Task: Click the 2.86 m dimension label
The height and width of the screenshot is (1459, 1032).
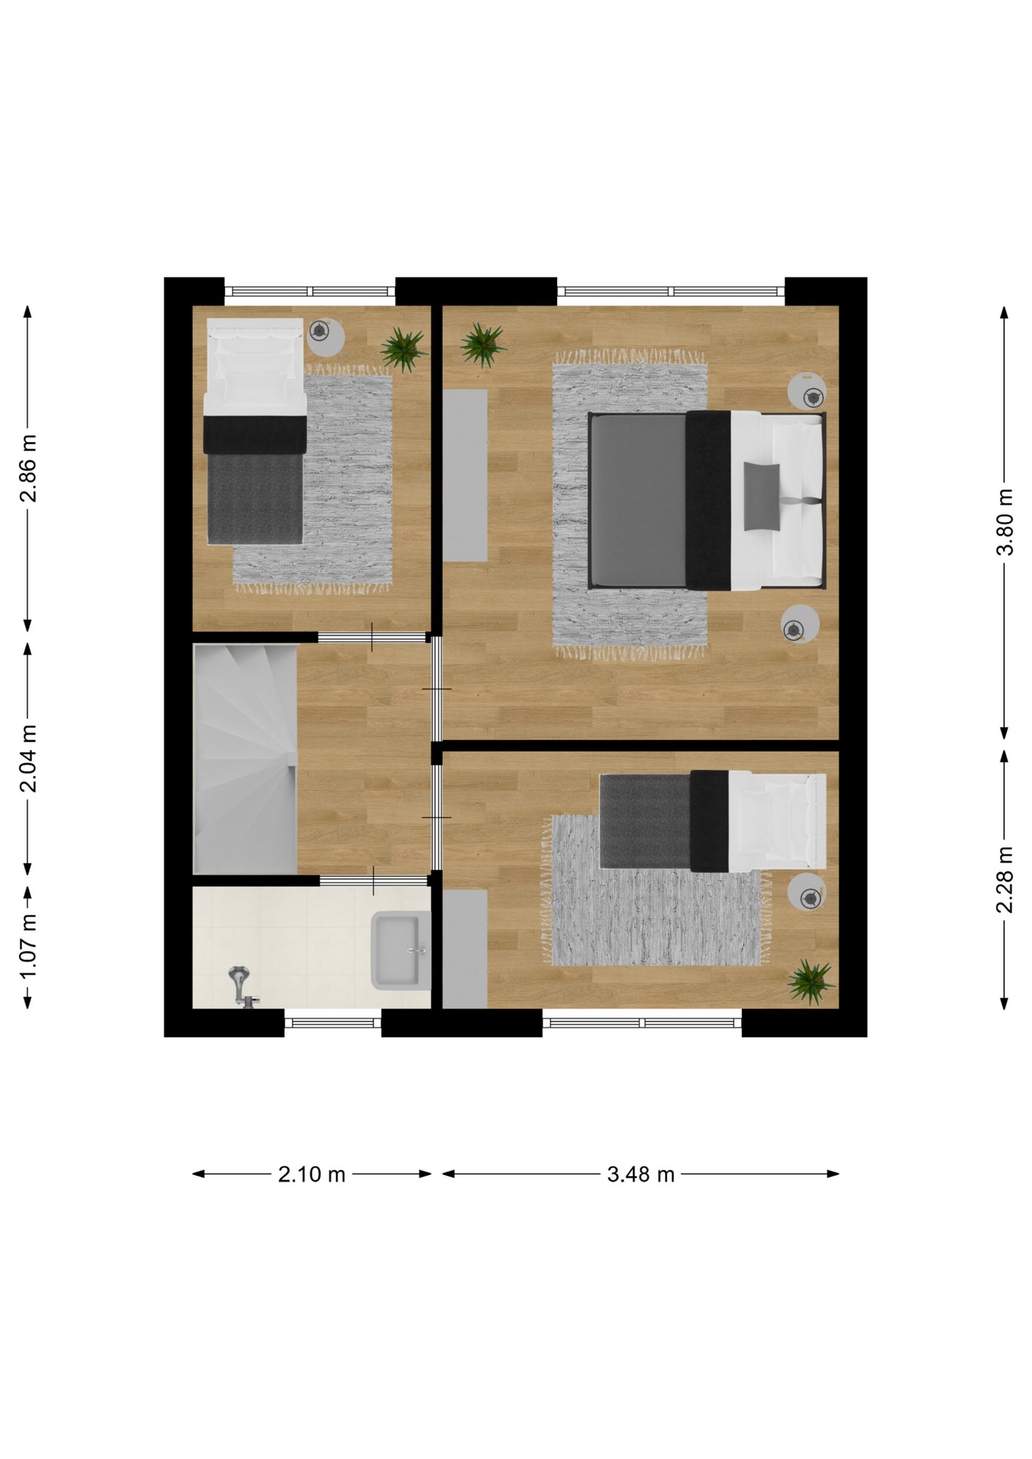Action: pyautogui.click(x=28, y=469)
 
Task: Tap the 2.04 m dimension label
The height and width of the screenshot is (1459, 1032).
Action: pyautogui.click(x=28, y=758)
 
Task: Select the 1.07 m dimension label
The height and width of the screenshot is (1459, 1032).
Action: pyautogui.click(x=28, y=947)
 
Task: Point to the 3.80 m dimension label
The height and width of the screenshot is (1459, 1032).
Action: pyautogui.click(x=1005, y=522)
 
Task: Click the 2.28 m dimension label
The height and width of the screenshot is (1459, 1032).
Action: pyautogui.click(x=1005, y=879)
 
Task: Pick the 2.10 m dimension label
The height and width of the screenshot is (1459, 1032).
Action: pyautogui.click(x=312, y=1175)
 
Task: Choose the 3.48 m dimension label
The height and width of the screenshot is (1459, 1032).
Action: pyautogui.click(x=641, y=1175)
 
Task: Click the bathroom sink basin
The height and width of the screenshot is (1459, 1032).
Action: pyautogui.click(x=400, y=951)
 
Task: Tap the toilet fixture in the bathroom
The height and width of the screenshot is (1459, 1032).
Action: pyautogui.click(x=242, y=986)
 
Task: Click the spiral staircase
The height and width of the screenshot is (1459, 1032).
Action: pyautogui.click(x=245, y=759)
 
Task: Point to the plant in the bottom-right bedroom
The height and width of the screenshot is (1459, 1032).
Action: pyautogui.click(x=811, y=982)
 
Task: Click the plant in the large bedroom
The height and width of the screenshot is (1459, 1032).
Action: pyautogui.click(x=482, y=345)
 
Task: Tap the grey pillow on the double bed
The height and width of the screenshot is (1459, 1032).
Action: pyautogui.click(x=761, y=496)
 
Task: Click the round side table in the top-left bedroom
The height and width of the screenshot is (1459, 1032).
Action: pyautogui.click(x=324, y=337)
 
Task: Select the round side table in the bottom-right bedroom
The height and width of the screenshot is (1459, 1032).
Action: pyautogui.click(x=807, y=892)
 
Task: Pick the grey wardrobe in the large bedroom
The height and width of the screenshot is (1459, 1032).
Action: pyautogui.click(x=465, y=476)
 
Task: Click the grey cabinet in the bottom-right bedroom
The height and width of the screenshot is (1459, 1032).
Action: pyautogui.click(x=465, y=949)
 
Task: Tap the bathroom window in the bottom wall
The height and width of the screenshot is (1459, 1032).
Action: pyautogui.click(x=333, y=1023)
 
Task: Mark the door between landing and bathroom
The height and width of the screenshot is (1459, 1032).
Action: pyautogui.click(x=373, y=881)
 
